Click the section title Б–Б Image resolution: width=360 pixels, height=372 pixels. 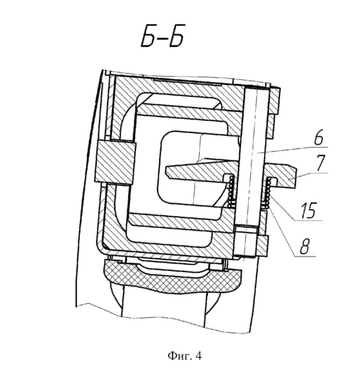(x=163, y=38)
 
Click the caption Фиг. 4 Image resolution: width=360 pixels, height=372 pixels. (x=185, y=356)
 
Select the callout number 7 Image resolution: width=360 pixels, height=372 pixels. (x=320, y=162)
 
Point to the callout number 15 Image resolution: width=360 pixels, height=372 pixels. (x=309, y=210)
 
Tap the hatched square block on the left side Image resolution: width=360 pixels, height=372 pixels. (x=115, y=162)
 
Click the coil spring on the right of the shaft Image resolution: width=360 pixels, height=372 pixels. (x=268, y=192)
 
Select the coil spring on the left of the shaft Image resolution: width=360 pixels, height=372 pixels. (x=231, y=191)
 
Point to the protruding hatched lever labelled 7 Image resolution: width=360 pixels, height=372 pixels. (x=280, y=175)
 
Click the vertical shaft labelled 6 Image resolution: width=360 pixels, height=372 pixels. (x=253, y=157)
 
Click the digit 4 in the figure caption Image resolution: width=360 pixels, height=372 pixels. (x=199, y=356)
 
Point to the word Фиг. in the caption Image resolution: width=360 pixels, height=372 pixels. (x=180, y=356)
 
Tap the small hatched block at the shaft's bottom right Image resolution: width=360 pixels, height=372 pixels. (x=262, y=246)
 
